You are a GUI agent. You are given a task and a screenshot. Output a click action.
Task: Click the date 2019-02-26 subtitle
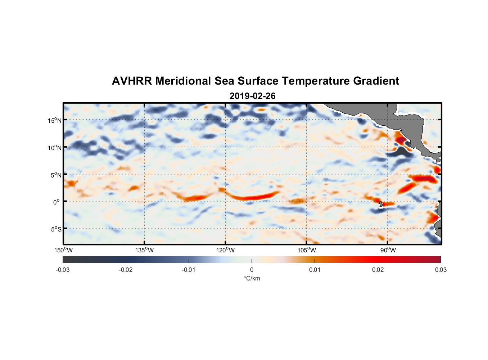(x=252, y=96)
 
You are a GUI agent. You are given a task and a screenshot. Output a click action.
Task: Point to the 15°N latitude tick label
(x=54, y=120)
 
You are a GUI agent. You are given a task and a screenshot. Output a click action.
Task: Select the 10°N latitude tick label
(x=54, y=148)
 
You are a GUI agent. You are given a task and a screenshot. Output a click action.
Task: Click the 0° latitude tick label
(x=57, y=202)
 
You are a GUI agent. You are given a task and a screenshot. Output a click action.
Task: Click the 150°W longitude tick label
(x=64, y=250)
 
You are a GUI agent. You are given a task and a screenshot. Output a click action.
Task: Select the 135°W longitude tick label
(x=145, y=250)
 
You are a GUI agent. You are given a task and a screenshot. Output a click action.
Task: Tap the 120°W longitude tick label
(x=226, y=250)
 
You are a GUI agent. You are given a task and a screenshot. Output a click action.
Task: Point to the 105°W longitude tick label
(x=307, y=250)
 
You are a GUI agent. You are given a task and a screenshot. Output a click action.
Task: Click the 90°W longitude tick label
(x=388, y=250)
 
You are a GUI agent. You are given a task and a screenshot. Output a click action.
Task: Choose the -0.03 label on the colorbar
(x=63, y=270)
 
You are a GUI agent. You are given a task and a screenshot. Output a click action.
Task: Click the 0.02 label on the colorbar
(x=378, y=270)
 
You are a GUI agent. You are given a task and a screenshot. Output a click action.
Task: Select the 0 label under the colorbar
(x=252, y=270)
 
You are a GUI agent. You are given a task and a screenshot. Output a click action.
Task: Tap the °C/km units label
(x=252, y=278)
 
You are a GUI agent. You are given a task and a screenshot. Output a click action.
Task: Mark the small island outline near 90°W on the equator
(x=381, y=204)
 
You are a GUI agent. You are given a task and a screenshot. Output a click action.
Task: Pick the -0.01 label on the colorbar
(x=189, y=270)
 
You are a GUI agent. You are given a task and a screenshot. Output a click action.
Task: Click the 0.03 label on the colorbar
(x=440, y=270)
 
